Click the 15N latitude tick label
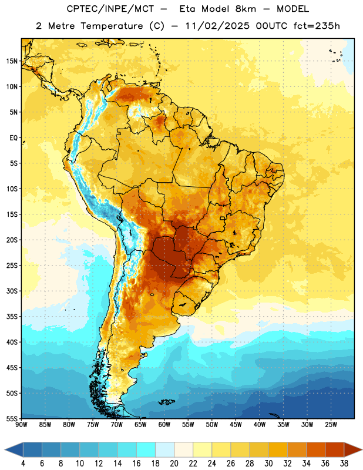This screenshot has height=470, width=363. coord(12,61)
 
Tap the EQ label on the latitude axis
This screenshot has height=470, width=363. coord(14,138)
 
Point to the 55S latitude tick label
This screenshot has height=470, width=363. coord(12,418)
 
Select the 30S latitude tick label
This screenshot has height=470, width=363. coord(12,291)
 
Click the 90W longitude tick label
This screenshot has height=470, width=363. coord(22,425)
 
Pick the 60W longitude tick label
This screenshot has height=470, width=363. coord(164,425)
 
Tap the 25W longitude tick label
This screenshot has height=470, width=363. coord(331,425)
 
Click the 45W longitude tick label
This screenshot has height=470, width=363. coord(236,425)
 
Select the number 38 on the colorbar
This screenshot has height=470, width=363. coord(344,464)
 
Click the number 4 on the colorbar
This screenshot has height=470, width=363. coord(23,464)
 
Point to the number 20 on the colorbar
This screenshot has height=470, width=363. coord(174,464)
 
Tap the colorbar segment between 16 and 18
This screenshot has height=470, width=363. coord(146,450)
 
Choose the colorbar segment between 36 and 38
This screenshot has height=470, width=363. coord(335,450)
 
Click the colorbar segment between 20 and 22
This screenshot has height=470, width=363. coord(183,450)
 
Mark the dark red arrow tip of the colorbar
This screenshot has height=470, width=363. coord(361,450)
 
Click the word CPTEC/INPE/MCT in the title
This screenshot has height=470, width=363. coord(110,9)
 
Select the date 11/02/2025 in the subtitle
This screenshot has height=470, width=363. coord(217,26)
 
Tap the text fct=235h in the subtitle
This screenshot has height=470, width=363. coord(317,26)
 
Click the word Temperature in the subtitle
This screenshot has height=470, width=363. coord(112,26)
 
